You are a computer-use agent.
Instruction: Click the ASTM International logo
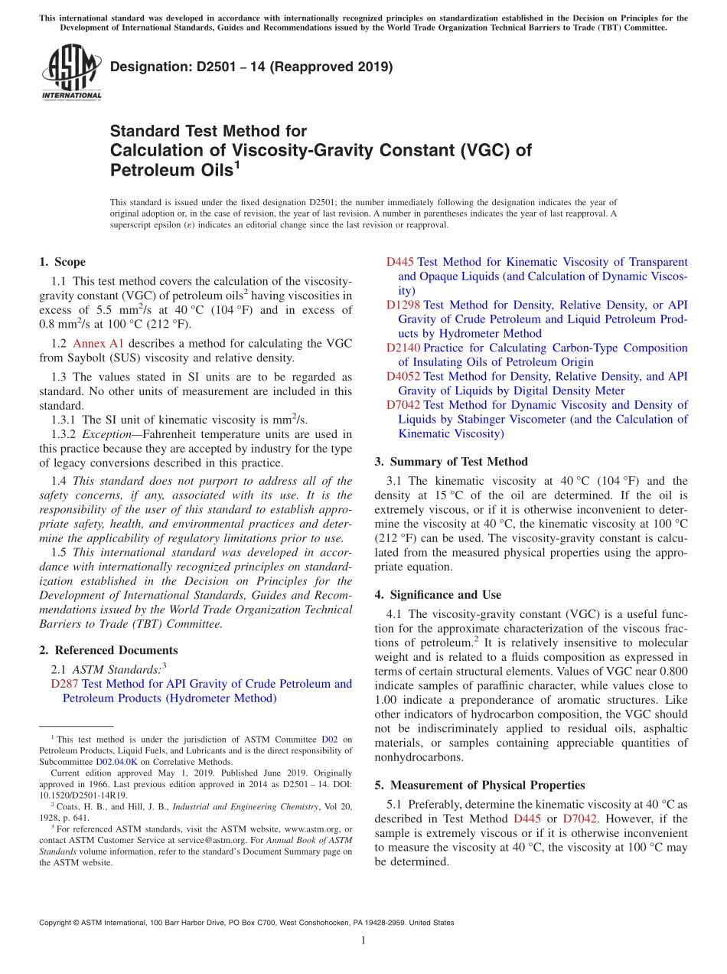pos(71,72)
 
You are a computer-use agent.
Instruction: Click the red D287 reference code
pos(64,684)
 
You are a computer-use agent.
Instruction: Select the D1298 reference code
pos(403,305)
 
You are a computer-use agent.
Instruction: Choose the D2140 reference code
pos(403,348)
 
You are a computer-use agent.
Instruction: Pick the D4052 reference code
pos(403,376)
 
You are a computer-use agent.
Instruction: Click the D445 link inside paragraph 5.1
pos(527,819)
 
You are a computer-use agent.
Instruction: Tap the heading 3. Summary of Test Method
pos(451,462)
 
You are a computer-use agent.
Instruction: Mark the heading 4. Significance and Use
pos(438,594)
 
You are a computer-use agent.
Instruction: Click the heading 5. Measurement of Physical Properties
pos(480,785)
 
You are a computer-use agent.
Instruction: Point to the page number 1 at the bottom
pos(363,941)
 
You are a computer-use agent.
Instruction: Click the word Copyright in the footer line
pos(55,923)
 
